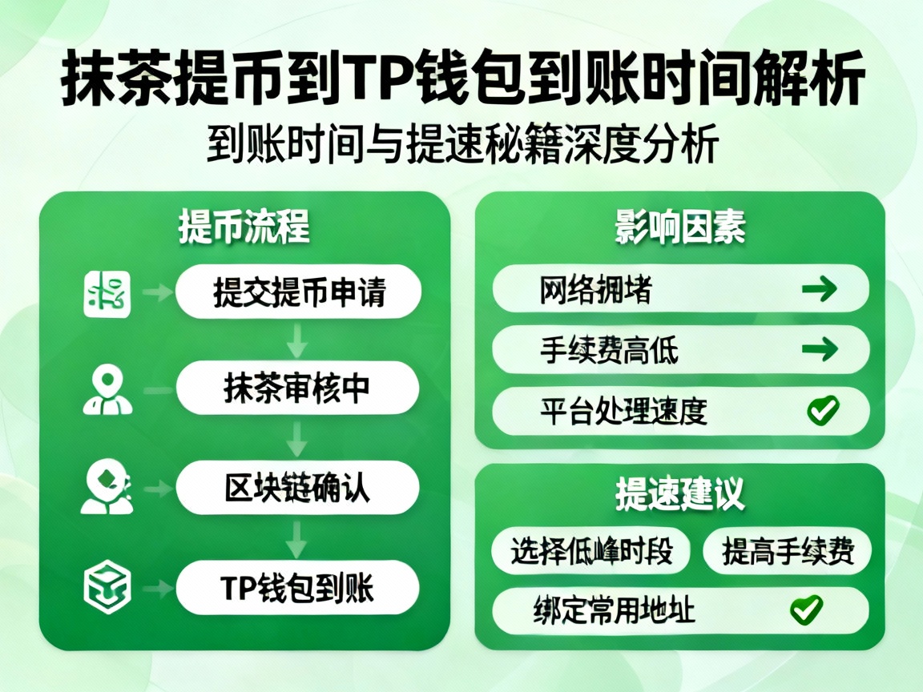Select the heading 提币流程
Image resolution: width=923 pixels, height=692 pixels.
pos(244,227)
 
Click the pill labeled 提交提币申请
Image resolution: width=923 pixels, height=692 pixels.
pos(298,292)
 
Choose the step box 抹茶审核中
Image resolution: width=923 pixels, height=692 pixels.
pos(298,388)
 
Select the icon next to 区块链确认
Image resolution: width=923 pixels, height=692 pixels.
pos(107,489)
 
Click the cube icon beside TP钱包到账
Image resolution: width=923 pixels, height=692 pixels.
pos(107,589)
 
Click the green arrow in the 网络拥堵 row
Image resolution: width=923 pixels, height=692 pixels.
pos(819,289)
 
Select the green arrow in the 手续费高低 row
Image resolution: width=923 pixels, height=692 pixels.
pos(819,349)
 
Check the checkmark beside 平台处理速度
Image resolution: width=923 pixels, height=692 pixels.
pos(822,411)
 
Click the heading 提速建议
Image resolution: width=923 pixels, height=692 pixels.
pos(679,495)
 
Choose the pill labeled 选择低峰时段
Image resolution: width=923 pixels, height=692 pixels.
pos(590,551)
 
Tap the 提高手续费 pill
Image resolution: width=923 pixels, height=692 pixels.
pos(787,551)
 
